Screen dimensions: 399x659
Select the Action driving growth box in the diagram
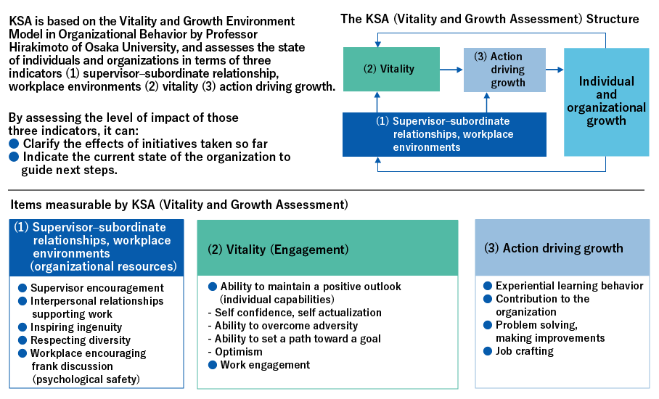pyautogui.click(x=504, y=70)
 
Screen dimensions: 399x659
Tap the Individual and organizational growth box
pyautogui.click(x=606, y=101)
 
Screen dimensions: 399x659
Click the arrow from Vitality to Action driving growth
pyautogui.click(x=451, y=70)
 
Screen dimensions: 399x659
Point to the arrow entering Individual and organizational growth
pyautogui.click(x=554, y=70)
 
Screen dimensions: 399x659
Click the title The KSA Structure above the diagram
pyautogui.click(x=490, y=19)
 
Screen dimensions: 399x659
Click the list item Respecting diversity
pyautogui.click(x=80, y=340)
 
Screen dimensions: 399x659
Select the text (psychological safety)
pyautogui.click(x=85, y=379)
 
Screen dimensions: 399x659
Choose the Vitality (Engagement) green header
pyautogui.click(x=327, y=249)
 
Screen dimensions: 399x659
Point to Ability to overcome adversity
pyautogui.click(x=283, y=326)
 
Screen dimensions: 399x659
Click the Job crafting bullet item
pyautogui.click(x=524, y=351)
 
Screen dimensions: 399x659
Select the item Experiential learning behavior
pyautogui.click(x=569, y=286)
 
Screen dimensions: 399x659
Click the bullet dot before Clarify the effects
pyautogui.click(x=13, y=144)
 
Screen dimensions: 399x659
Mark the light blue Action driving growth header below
pyautogui.click(x=562, y=248)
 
